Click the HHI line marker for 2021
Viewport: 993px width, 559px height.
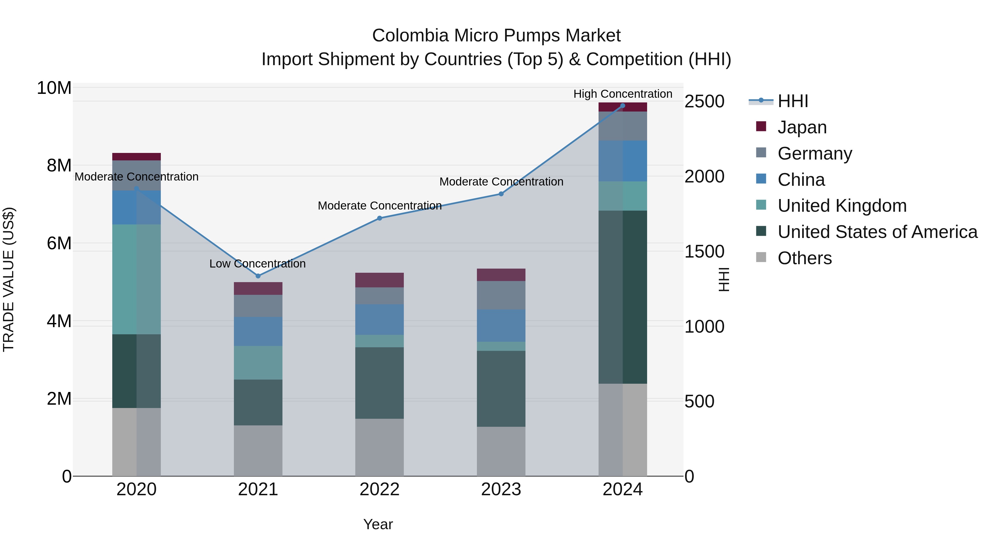tap(258, 276)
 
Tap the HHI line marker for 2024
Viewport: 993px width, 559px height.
tap(623, 106)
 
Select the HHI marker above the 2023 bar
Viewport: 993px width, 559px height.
tap(501, 194)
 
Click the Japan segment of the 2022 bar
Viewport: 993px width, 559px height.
tap(379, 280)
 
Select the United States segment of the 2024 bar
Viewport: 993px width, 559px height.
tap(623, 297)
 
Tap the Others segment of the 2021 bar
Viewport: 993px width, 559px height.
tap(258, 450)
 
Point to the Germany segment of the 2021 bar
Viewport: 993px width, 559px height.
tap(258, 306)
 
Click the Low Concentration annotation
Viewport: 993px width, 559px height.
tap(258, 264)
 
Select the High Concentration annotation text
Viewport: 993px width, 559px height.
tap(623, 94)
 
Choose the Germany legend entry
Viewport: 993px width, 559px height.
tap(815, 153)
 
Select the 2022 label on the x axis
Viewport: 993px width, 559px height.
tap(379, 489)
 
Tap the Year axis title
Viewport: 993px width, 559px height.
tap(378, 524)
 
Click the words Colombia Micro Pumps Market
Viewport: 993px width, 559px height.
tap(496, 36)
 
